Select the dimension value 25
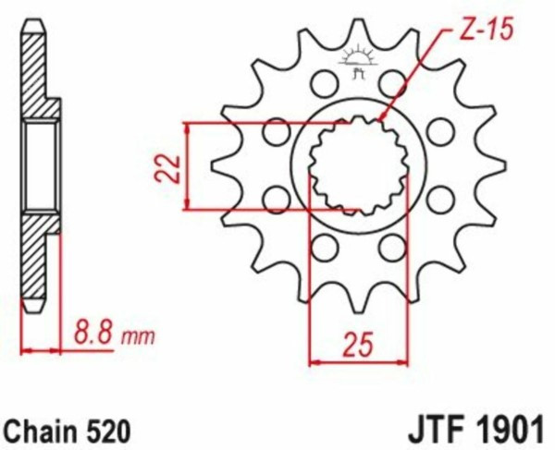click(x=358, y=343)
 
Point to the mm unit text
click(x=138, y=337)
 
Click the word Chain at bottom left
click(x=41, y=432)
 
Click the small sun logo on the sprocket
click(x=356, y=62)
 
